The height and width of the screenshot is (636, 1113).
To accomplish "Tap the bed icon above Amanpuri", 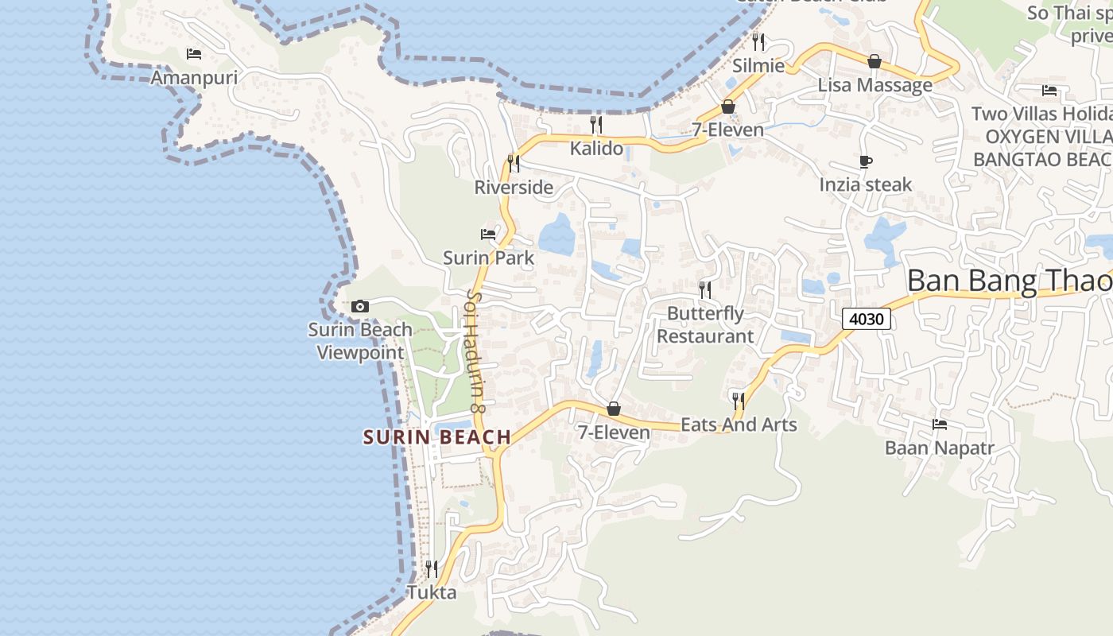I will (193, 54).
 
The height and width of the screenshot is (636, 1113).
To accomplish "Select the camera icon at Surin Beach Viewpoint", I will (360, 306).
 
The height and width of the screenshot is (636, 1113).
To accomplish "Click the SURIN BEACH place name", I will (437, 436).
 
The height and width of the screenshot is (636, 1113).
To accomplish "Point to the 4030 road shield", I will (867, 320).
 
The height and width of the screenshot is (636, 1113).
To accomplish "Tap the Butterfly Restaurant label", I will (705, 324).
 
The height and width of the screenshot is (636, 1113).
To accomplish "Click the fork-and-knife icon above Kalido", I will (596, 124).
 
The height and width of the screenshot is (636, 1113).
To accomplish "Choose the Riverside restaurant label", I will (514, 188).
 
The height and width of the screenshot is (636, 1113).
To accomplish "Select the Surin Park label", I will (488, 258).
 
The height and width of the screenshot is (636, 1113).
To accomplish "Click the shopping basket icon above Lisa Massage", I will (874, 61).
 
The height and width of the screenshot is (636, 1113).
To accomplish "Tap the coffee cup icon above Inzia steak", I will (866, 162).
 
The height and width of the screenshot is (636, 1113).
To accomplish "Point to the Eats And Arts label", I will (739, 425).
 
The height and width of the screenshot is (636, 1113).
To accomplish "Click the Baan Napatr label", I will (940, 448).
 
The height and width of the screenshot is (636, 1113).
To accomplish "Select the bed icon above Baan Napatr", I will (940, 425).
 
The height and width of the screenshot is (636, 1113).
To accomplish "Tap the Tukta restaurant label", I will (432, 592).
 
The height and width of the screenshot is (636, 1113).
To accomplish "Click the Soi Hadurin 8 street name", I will (475, 350).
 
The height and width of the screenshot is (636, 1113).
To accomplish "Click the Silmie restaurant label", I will (758, 65).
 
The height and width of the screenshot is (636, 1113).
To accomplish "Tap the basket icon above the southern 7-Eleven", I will (614, 409).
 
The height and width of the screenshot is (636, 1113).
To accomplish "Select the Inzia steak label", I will (866, 184).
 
